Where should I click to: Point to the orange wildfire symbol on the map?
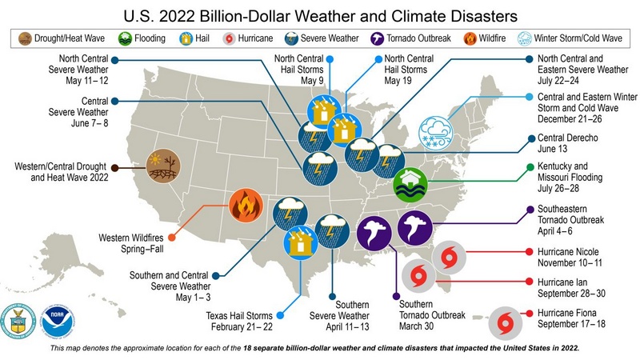pos(244,206)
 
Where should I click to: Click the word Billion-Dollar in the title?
pos(270,14)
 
